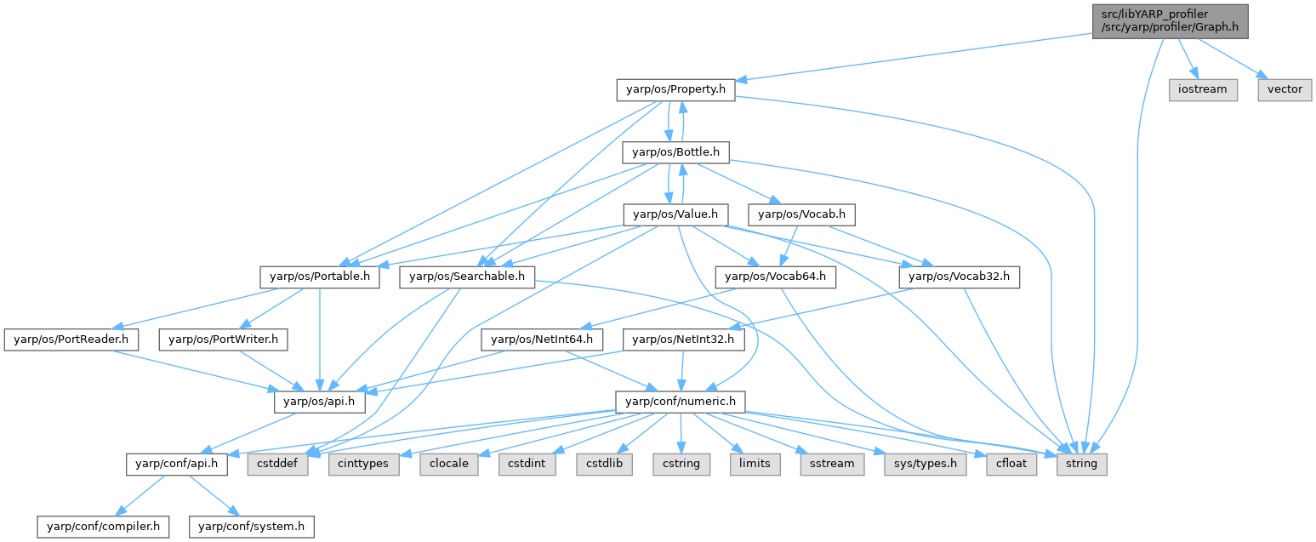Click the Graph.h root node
(1170, 21)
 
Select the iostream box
(1203, 89)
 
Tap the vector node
(1285, 89)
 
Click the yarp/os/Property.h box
(675, 89)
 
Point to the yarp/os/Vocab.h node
(802, 214)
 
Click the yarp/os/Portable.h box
(320, 277)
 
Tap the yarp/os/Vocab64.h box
(776, 277)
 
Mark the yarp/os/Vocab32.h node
(960, 277)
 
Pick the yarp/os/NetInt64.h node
(543, 339)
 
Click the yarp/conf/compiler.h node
(103, 527)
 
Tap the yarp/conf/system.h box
(251, 527)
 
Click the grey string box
(1082, 465)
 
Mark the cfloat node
(1011, 465)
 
